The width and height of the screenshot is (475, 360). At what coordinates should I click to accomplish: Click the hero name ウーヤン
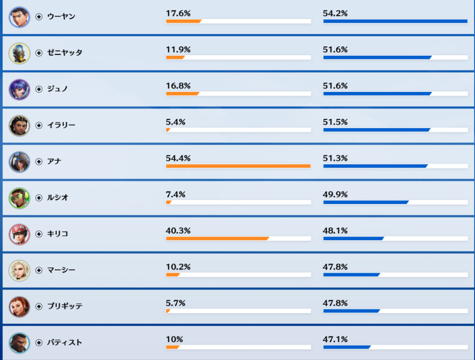(x=61, y=17)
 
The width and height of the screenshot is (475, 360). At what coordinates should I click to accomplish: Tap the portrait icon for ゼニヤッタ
(x=19, y=53)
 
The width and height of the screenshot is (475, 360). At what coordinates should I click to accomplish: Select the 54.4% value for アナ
(x=178, y=158)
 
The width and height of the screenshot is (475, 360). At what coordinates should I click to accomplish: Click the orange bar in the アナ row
(x=238, y=166)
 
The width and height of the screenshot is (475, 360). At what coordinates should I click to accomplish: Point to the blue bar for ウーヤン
(x=395, y=21)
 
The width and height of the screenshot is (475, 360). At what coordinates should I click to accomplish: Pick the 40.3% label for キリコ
(x=178, y=231)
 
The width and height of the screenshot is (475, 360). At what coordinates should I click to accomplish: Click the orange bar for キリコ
(x=217, y=238)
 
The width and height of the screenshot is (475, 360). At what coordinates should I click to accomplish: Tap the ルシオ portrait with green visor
(x=19, y=198)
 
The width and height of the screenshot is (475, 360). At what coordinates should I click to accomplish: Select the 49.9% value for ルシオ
(x=335, y=194)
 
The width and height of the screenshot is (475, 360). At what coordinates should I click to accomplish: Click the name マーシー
(x=61, y=270)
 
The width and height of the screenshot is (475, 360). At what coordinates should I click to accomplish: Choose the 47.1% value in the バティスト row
(x=335, y=339)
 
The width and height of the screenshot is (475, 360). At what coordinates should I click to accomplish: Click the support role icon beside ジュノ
(x=39, y=89)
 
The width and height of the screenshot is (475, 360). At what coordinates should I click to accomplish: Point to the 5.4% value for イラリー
(x=176, y=122)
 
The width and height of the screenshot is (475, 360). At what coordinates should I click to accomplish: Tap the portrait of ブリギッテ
(x=19, y=307)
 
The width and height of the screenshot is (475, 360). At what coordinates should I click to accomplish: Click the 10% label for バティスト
(x=174, y=339)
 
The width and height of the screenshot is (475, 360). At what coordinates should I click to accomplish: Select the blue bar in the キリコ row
(x=353, y=238)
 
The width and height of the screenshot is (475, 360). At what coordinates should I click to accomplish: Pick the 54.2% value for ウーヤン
(x=335, y=13)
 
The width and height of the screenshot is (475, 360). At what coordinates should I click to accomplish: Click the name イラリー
(x=61, y=125)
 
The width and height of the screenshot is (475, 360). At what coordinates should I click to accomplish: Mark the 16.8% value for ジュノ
(x=178, y=86)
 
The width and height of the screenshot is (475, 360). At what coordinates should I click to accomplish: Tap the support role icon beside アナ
(x=39, y=161)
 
